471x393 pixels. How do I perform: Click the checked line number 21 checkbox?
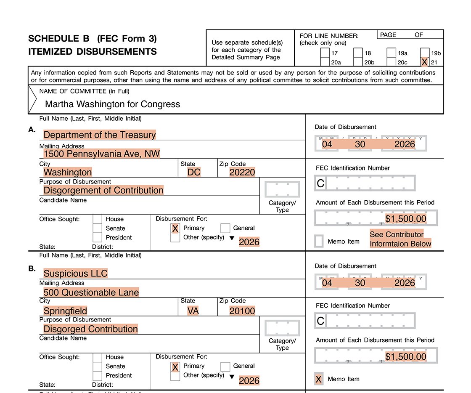click(x=424, y=62)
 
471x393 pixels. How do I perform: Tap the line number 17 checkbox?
click(x=325, y=53)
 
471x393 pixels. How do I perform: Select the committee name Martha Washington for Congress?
click(x=112, y=104)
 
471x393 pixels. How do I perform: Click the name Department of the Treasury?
click(x=100, y=135)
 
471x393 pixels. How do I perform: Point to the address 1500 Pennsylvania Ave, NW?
click(x=101, y=154)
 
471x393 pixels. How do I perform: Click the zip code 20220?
click(x=242, y=172)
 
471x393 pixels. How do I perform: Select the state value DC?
click(x=194, y=172)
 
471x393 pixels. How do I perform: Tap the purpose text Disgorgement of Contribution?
click(x=103, y=190)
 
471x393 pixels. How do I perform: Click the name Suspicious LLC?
click(x=76, y=274)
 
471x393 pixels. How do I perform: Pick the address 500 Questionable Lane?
click(x=91, y=292)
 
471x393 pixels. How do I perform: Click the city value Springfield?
click(x=66, y=311)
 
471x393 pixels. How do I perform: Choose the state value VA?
click(x=193, y=311)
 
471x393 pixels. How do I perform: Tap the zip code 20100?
click(x=242, y=311)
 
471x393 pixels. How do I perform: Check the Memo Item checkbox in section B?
click(x=319, y=379)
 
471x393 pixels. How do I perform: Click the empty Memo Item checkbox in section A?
click(x=319, y=241)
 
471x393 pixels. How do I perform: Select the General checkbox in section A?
click(x=225, y=228)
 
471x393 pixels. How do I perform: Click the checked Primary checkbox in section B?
click(x=175, y=366)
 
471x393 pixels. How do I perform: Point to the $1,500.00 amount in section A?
click(x=406, y=219)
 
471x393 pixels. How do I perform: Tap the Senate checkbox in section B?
click(x=97, y=366)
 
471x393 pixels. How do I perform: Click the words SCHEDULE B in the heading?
click(x=59, y=39)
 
